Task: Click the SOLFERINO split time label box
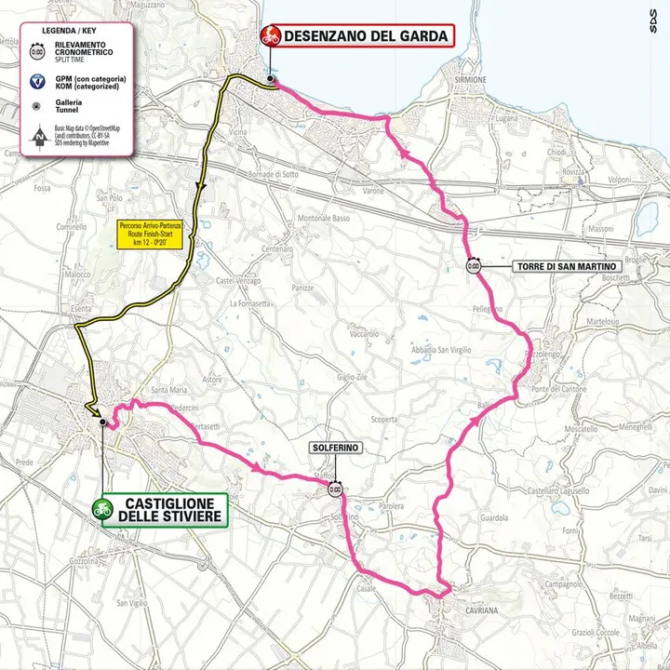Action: (335, 449)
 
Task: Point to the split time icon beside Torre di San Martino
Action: (473, 266)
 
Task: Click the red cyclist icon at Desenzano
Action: (271, 36)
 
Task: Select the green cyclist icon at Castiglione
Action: (101, 509)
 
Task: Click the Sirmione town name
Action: (473, 80)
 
